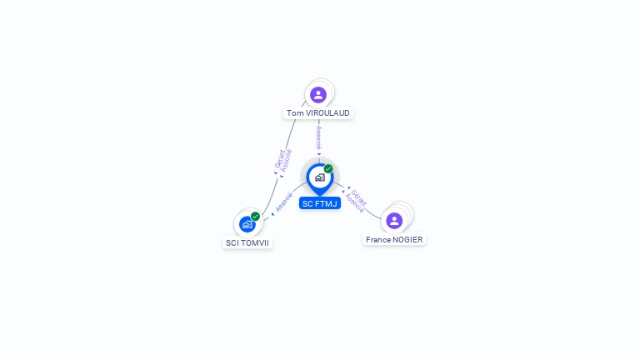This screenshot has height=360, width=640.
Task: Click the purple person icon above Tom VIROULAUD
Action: click(x=318, y=94)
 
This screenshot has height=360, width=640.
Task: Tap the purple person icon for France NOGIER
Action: click(x=394, y=220)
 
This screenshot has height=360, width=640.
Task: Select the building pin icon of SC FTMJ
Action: click(x=319, y=177)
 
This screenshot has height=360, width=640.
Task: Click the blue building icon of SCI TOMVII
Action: click(x=247, y=223)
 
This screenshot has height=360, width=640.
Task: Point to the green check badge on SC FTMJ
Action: click(x=328, y=169)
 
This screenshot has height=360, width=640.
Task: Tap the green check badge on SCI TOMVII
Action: click(x=255, y=216)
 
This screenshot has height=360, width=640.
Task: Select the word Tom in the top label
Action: click(x=294, y=112)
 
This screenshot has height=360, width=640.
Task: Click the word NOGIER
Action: click(x=408, y=239)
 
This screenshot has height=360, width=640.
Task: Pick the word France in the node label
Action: click(x=379, y=239)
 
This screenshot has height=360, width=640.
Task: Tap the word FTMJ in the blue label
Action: click(x=327, y=203)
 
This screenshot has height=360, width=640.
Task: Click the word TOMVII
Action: click(x=255, y=243)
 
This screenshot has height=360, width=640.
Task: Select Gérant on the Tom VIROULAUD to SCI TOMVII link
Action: click(x=279, y=157)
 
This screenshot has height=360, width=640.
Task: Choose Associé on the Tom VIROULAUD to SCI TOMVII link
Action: click(x=287, y=160)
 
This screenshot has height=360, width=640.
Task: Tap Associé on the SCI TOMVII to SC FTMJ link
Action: click(x=283, y=202)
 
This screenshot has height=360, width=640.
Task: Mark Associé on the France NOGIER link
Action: click(x=354, y=202)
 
